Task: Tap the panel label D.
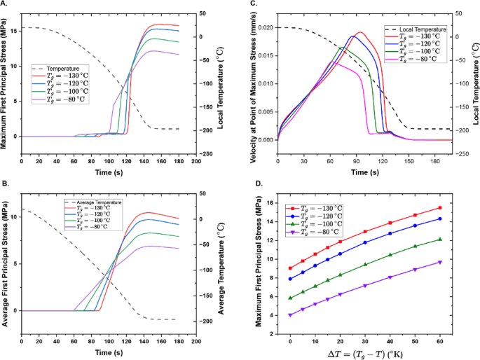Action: [259, 184]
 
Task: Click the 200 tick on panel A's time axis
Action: [196, 161]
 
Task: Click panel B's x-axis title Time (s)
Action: [109, 353]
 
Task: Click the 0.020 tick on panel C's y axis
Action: [266, 28]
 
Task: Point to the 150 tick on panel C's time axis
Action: [409, 161]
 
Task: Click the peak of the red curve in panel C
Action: [360, 32]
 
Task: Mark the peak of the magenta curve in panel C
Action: [331, 62]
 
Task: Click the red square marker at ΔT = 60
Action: [440, 208]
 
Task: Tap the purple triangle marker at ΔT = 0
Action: [290, 315]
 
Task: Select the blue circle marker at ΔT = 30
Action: [365, 242]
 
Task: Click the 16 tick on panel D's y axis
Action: [270, 203]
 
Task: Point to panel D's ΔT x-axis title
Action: [365, 354]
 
